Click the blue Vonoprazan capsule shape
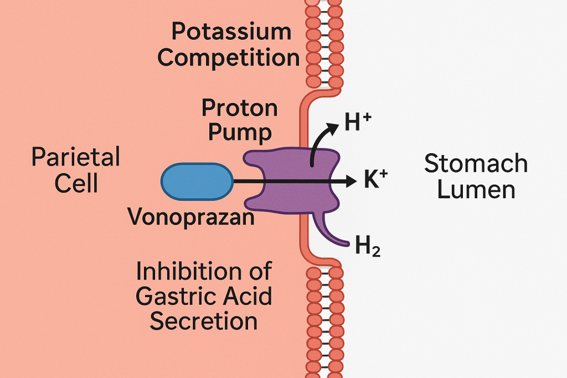pyautogui.click(x=197, y=182)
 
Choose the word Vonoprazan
pyautogui.click(x=191, y=217)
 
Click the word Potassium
pyautogui.click(x=231, y=32)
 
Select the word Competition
pyautogui.click(x=229, y=58)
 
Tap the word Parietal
pyautogui.click(x=76, y=158)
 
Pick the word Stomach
pyautogui.click(x=476, y=164)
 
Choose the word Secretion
pyautogui.click(x=204, y=322)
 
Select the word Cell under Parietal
pyautogui.click(x=76, y=183)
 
